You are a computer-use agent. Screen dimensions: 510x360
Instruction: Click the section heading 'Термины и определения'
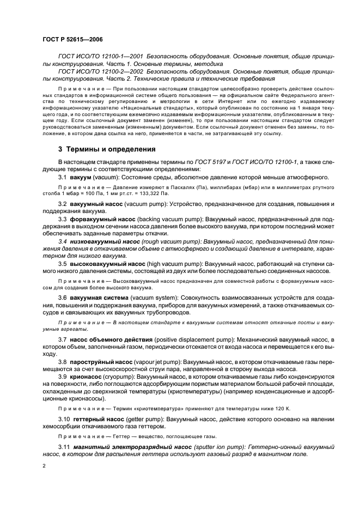(111, 149)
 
